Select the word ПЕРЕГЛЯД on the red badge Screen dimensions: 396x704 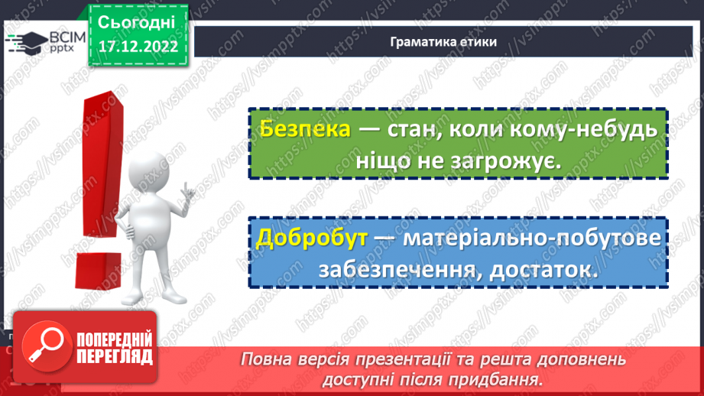(x=115, y=355)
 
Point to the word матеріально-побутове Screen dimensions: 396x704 (x=531, y=239)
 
